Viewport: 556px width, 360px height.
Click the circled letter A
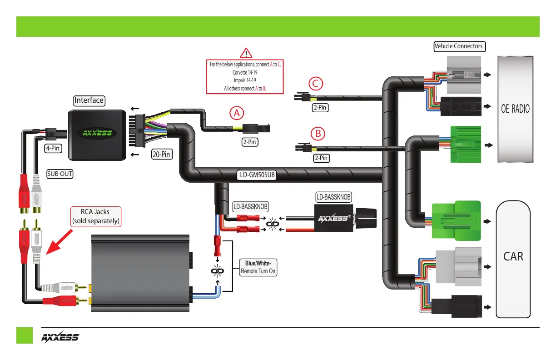click(x=237, y=113)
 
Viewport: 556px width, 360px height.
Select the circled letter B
click(x=318, y=134)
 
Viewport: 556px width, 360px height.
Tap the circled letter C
click(x=316, y=84)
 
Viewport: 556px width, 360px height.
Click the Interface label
click(x=89, y=100)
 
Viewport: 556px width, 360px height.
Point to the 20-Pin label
click(x=161, y=155)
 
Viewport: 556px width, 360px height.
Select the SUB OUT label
click(x=60, y=174)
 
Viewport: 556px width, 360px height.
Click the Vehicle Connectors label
click(x=459, y=46)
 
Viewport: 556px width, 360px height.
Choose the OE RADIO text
click(x=515, y=109)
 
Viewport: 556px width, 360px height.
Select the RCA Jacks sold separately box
click(x=96, y=216)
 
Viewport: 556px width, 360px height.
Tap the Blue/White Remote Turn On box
click(x=258, y=267)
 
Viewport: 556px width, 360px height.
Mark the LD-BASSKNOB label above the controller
click(x=334, y=197)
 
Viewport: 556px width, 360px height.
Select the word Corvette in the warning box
click(x=240, y=72)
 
